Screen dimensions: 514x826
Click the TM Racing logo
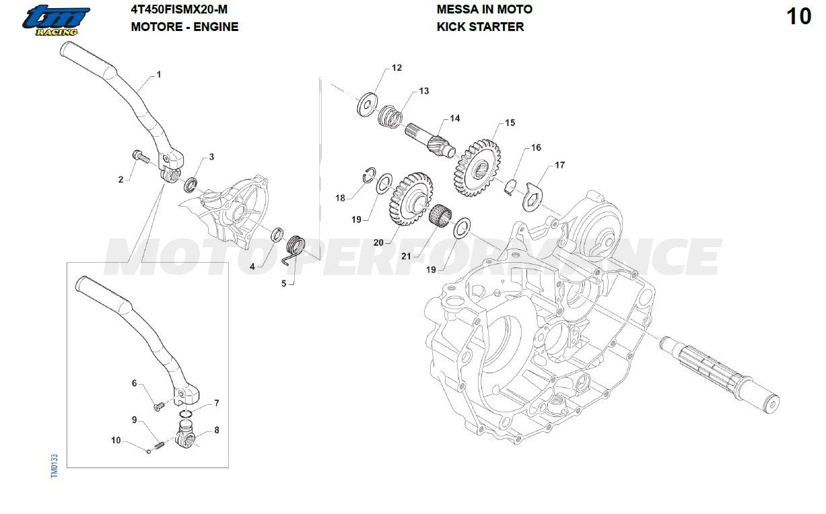point(55,20)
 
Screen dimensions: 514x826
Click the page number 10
point(799,17)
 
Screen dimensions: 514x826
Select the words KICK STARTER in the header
point(480,27)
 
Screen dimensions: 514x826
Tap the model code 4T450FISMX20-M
point(179,9)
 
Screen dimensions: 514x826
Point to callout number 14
point(455,119)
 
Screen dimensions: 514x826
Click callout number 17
point(559,165)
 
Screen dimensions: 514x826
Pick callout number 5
point(283,284)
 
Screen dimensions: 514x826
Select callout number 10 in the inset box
point(116,441)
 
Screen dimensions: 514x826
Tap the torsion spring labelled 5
point(295,246)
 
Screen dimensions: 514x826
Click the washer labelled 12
point(368,104)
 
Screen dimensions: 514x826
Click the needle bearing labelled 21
point(440,217)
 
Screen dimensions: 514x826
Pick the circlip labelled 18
point(368,174)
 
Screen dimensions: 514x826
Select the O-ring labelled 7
point(186,413)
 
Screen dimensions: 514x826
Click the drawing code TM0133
point(55,465)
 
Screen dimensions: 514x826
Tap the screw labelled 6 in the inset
point(160,406)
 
